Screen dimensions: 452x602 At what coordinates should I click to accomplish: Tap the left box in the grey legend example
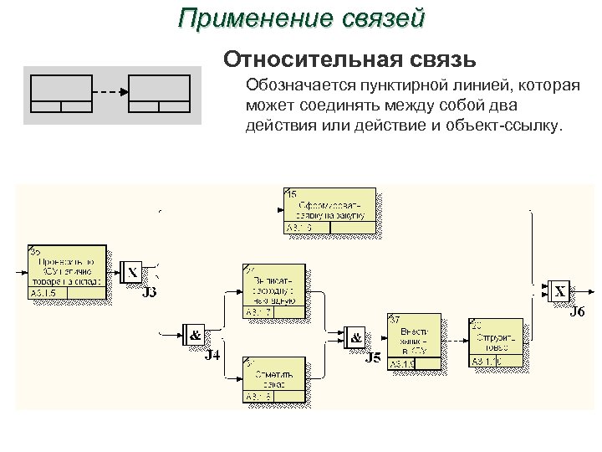tap(60, 93)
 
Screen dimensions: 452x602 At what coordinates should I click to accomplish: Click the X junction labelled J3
tap(132, 273)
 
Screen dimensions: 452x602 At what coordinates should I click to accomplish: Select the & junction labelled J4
tap(195, 336)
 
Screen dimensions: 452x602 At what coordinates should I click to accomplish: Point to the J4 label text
tap(213, 354)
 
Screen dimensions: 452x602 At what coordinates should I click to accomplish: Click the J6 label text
tap(577, 313)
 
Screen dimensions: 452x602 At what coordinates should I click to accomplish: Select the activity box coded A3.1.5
tap(67, 272)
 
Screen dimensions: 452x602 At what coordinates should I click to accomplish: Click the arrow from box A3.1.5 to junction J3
tap(115, 273)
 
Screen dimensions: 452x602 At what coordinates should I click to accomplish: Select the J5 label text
tap(373, 359)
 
